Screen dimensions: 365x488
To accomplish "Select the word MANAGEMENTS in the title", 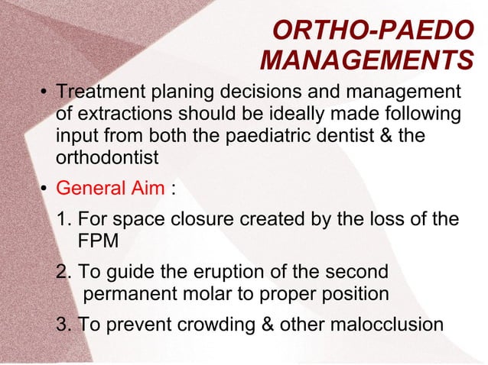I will pyautogui.click(x=366, y=60).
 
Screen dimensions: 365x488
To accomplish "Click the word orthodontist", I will pyautogui.click(x=107, y=158).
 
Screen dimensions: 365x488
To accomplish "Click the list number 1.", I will pyautogui.click(x=64, y=220).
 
